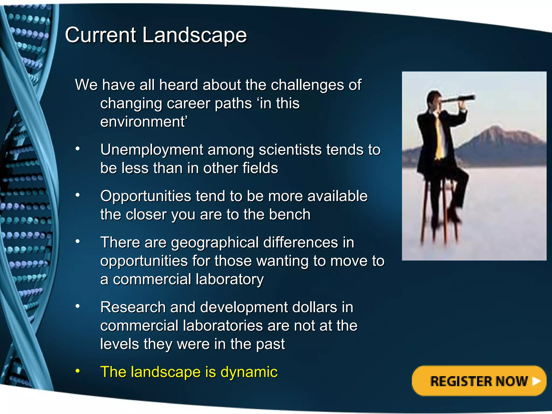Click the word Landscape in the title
coord(194,35)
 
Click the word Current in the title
coord(101,35)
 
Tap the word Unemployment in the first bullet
coord(151,150)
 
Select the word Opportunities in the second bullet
coord(146,196)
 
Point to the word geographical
coord(215,242)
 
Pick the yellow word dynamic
coord(249,372)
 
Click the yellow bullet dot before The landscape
coord(78,371)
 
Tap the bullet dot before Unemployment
coord(78,149)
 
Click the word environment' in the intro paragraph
coord(143,122)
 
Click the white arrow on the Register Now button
coord(536,381)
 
